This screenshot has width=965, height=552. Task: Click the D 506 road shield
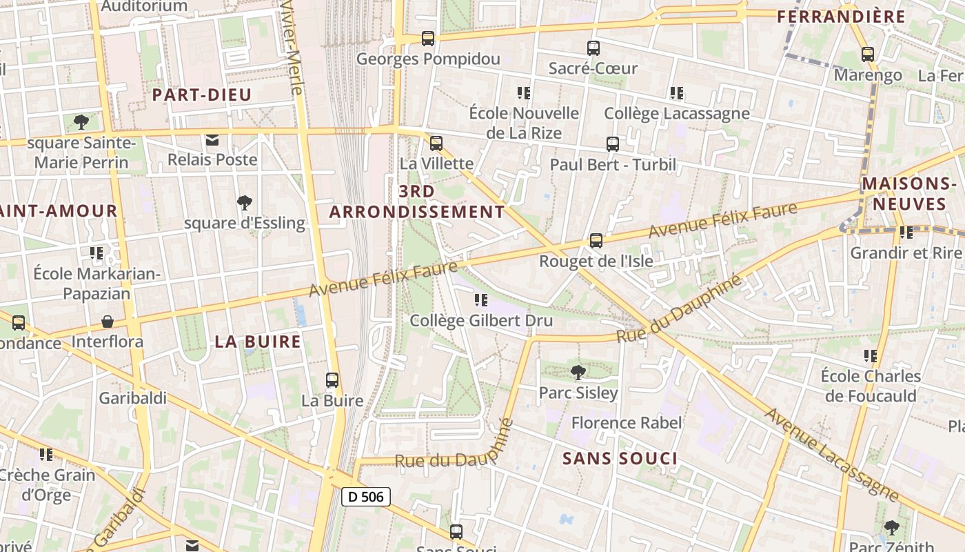(366, 496)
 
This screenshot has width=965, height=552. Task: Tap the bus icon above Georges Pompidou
(428, 39)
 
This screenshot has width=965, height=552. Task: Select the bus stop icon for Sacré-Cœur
(593, 48)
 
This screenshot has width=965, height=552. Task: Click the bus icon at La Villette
(436, 144)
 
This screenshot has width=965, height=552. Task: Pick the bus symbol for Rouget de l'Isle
(596, 241)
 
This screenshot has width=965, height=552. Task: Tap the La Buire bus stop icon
(332, 380)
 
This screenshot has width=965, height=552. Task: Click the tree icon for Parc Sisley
(578, 373)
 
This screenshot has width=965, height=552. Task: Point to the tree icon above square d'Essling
(244, 203)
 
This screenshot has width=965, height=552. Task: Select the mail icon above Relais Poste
(212, 140)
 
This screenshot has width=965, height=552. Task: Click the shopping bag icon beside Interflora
(108, 322)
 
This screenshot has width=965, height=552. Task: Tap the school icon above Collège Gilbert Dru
(481, 300)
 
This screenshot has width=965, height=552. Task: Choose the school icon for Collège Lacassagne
(676, 92)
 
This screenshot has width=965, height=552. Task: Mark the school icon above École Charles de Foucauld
(871, 356)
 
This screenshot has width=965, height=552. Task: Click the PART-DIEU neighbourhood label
(202, 95)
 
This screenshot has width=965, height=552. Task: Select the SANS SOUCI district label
(620, 458)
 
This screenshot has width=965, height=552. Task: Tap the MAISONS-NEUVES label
(908, 194)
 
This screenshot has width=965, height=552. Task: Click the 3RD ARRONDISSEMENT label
(417, 201)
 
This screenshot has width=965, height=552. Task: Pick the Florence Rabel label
(627, 422)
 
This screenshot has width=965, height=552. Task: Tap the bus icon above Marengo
(867, 55)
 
